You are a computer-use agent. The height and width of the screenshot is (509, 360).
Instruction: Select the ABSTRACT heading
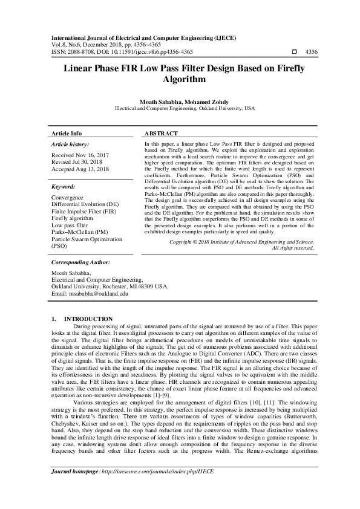click(162, 133)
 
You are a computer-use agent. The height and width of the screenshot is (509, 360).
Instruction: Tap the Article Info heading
click(67, 133)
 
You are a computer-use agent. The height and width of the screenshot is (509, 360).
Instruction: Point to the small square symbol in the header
click(294, 53)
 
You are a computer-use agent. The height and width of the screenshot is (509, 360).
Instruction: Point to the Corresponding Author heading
click(80, 280)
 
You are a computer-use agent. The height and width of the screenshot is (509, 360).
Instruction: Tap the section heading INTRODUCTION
click(88, 319)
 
